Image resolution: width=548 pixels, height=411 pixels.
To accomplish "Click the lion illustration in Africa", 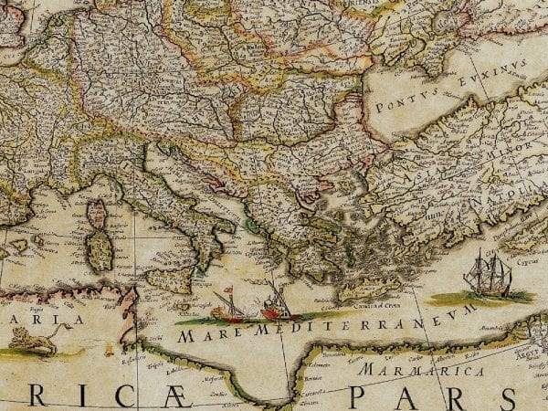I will coord(32,341).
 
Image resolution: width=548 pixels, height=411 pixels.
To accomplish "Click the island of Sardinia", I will coord(99,249).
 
